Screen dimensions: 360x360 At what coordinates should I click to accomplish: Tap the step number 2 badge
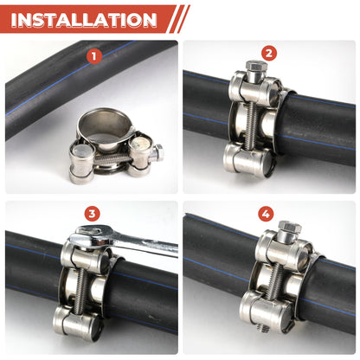(268, 54)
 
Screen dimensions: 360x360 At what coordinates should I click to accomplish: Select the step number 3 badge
(93, 214)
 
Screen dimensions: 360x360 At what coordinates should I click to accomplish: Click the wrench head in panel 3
(90, 235)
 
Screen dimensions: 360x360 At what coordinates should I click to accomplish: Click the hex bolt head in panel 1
(157, 155)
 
